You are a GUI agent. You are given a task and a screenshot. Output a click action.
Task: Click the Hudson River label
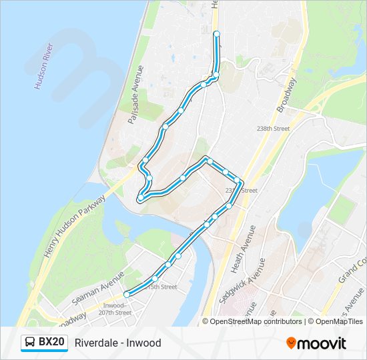[x=43, y=67]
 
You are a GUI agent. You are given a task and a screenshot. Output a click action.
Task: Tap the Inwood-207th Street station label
[x=114, y=308]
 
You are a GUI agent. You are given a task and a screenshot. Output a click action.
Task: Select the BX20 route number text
[x=51, y=343]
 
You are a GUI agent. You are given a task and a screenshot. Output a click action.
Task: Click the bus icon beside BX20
[x=30, y=343]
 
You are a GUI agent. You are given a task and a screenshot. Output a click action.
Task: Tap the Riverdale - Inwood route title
[x=118, y=343]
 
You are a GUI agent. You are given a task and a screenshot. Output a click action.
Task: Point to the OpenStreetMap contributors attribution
[x=252, y=321]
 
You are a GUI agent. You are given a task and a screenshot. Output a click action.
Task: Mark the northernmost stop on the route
[x=216, y=33]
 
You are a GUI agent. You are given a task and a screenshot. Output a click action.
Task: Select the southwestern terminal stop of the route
[x=127, y=294]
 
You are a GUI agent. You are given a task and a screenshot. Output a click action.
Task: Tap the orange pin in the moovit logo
[x=292, y=343]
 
